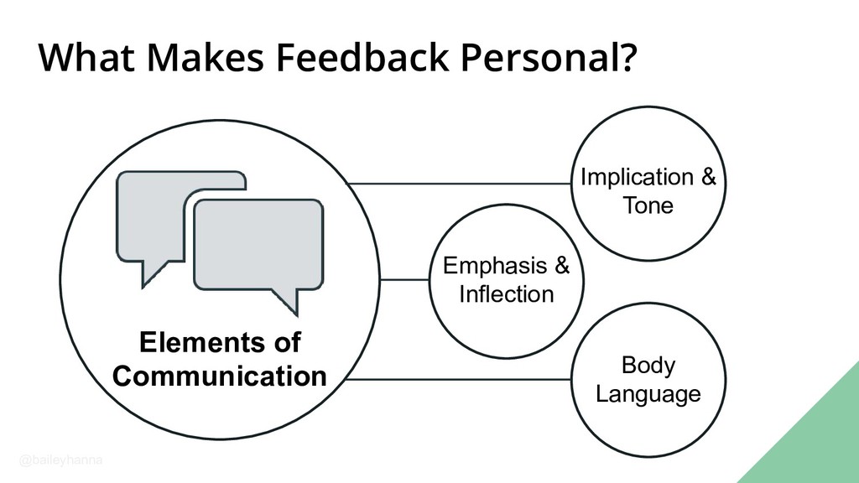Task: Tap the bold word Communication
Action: pos(219,376)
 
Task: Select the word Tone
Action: pos(648,205)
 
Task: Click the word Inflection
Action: pos(506,294)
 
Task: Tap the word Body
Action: pos(648,366)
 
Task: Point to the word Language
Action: pos(648,394)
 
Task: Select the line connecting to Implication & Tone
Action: pos(460,183)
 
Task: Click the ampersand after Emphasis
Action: pos(561,267)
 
